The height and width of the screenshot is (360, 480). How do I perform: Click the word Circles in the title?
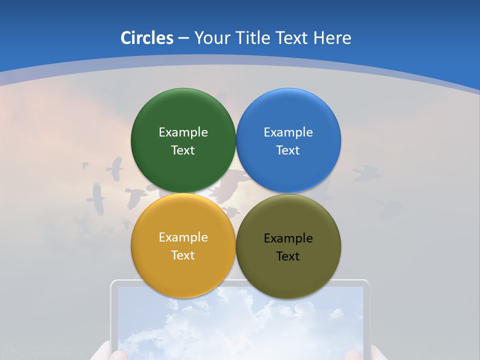coord(146,38)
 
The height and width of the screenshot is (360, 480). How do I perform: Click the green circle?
coord(183,140)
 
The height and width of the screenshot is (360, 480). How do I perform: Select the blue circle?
coord(288,140)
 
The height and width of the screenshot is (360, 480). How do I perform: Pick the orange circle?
coord(183,245)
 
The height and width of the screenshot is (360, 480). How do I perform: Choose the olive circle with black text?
coord(288,246)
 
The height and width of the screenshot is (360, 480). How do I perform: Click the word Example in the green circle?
coord(183,132)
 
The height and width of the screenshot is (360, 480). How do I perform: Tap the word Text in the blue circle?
coord(288,150)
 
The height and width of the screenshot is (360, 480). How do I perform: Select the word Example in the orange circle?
coord(183,237)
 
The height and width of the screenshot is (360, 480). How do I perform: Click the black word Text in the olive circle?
coord(288,256)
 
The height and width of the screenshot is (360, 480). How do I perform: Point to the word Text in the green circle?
coord(183,150)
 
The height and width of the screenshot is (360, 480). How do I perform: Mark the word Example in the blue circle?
coord(288,132)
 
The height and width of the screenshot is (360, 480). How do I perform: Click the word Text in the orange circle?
coord(183,255)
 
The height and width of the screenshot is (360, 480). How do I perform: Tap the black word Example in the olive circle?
coord(288,238)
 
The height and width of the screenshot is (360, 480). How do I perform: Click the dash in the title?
coord(183,38)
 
